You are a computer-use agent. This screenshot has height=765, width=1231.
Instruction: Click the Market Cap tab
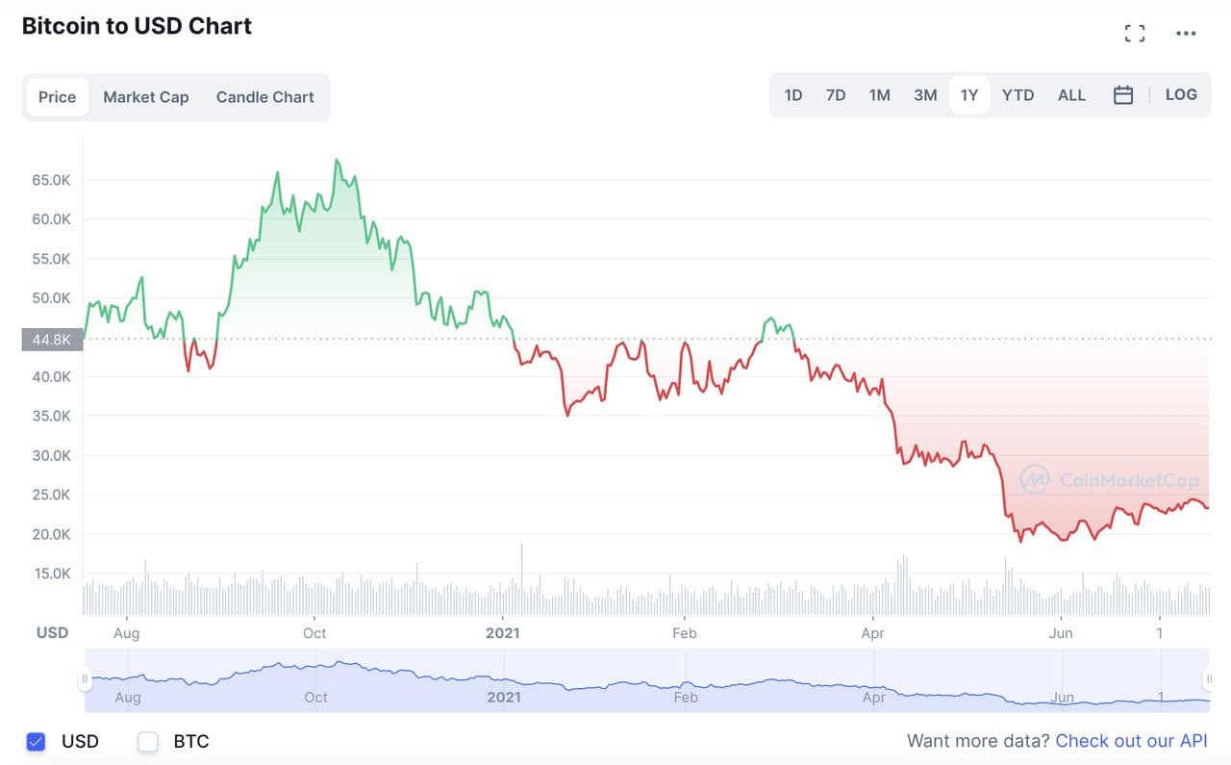(146, 97)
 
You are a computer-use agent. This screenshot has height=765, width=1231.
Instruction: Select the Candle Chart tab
(264, 97)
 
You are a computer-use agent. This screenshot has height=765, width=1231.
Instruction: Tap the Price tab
(58, 97)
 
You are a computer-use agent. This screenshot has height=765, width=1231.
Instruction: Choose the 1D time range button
(793, 95)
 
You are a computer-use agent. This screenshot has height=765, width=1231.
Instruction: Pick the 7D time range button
(836, 95)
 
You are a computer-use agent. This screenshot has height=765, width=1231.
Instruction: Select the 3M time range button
(925, 95)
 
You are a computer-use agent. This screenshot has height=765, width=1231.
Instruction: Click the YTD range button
(1017, 95)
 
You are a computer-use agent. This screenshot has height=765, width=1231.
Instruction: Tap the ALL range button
(1071, 95)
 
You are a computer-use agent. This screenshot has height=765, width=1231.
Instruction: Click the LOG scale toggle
(1181, 95)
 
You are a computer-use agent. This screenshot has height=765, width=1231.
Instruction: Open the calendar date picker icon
(1123, 95)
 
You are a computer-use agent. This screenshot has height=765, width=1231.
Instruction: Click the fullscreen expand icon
(1135, 34)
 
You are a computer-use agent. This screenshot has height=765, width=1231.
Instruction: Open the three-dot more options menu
(1186, 34)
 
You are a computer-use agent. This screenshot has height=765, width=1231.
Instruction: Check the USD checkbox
(37, 742)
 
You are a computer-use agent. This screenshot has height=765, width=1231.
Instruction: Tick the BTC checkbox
(148, 742)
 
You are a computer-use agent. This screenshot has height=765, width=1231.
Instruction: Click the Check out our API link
(1131, 741)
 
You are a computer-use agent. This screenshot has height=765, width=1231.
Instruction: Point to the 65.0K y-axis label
(52, 180)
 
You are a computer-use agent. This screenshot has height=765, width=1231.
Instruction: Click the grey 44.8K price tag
(52, 339)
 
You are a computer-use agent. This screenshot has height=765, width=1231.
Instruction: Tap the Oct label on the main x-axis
(314, 633)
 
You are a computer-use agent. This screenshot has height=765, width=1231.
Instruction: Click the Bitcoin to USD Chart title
(137, 26)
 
